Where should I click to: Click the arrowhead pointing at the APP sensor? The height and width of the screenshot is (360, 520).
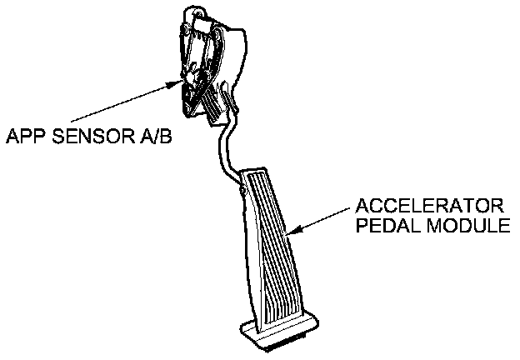click(177, 82)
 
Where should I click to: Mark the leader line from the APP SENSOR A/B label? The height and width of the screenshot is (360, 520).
click(117, 104)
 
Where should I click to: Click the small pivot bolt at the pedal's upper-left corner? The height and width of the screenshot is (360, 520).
click(242, 191)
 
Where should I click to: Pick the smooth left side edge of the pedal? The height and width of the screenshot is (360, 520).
click(242, 250)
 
